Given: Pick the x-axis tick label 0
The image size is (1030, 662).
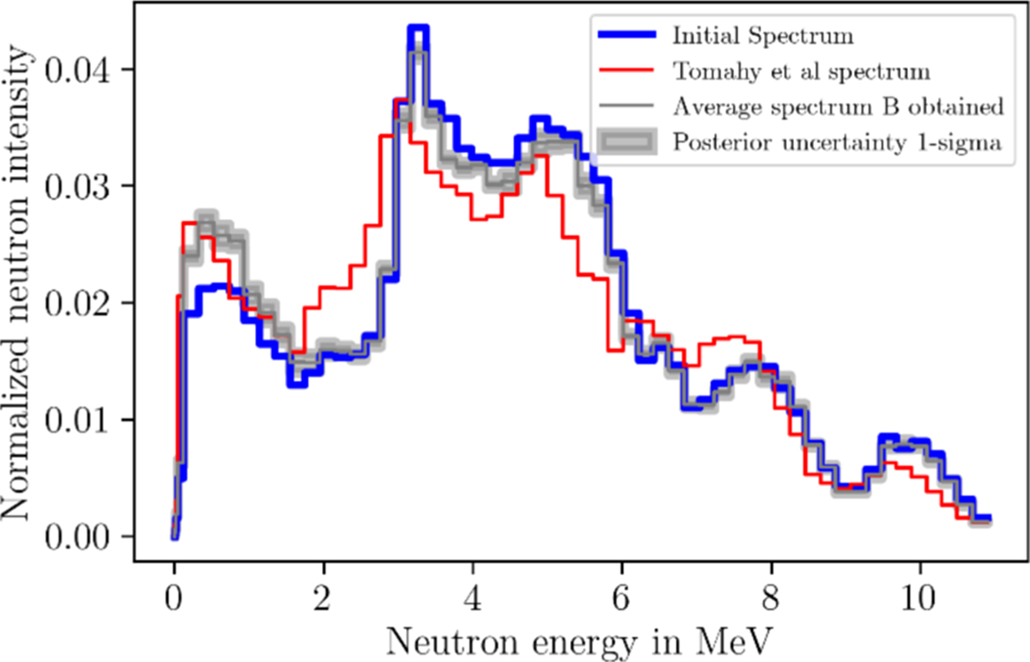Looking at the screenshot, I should [174, 594].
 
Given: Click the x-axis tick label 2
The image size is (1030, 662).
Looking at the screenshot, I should [324, 594].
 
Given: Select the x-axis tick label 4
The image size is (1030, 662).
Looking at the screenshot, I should [473, 594].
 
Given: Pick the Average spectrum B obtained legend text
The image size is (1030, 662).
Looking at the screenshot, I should [838, 107].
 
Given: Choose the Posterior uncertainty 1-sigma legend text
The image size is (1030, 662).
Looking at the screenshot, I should [838, 143].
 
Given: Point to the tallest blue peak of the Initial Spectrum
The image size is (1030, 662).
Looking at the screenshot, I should [418, 31].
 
